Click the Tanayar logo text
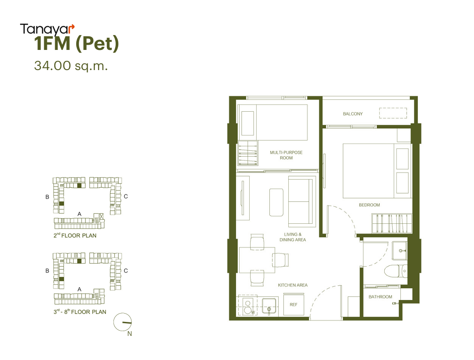(47, 30)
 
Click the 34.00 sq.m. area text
(71, 66)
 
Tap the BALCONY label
(353, 114)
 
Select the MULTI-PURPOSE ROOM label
(286, 155)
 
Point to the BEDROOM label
(369, 205)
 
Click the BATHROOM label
(380, 297)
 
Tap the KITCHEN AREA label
(293, 285)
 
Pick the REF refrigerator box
(294, 305)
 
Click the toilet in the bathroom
(396, 271)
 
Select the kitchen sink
(269, 307)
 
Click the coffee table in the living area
(276, 202)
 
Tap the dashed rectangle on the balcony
(393, 113)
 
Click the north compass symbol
(122, 322)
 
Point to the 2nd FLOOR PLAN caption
(75, 236)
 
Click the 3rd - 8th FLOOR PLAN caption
(80, 312)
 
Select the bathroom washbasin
(400, 251)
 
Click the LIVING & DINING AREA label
(293, 237)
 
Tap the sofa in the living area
(301, 201)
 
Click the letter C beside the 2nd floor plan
(126, 197)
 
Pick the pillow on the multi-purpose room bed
(248, 123)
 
